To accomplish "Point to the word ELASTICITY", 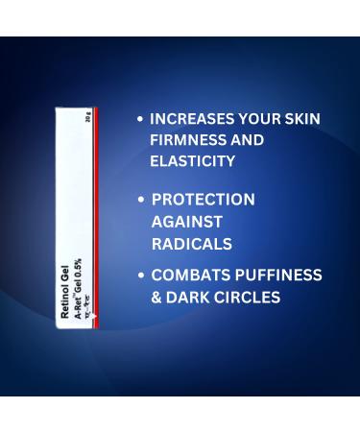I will (x=192, y=161).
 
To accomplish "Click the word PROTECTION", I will (x=204, y=200).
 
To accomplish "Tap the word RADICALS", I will (x=192, y=243).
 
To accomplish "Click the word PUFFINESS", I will (x=278, y=276).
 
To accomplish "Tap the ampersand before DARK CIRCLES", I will (x=156, y=298).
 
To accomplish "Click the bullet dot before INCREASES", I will (x=141, y=120).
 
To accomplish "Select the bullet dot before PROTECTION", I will (x=142, y=201).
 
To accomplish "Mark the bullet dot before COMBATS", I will (x=142, y=276).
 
